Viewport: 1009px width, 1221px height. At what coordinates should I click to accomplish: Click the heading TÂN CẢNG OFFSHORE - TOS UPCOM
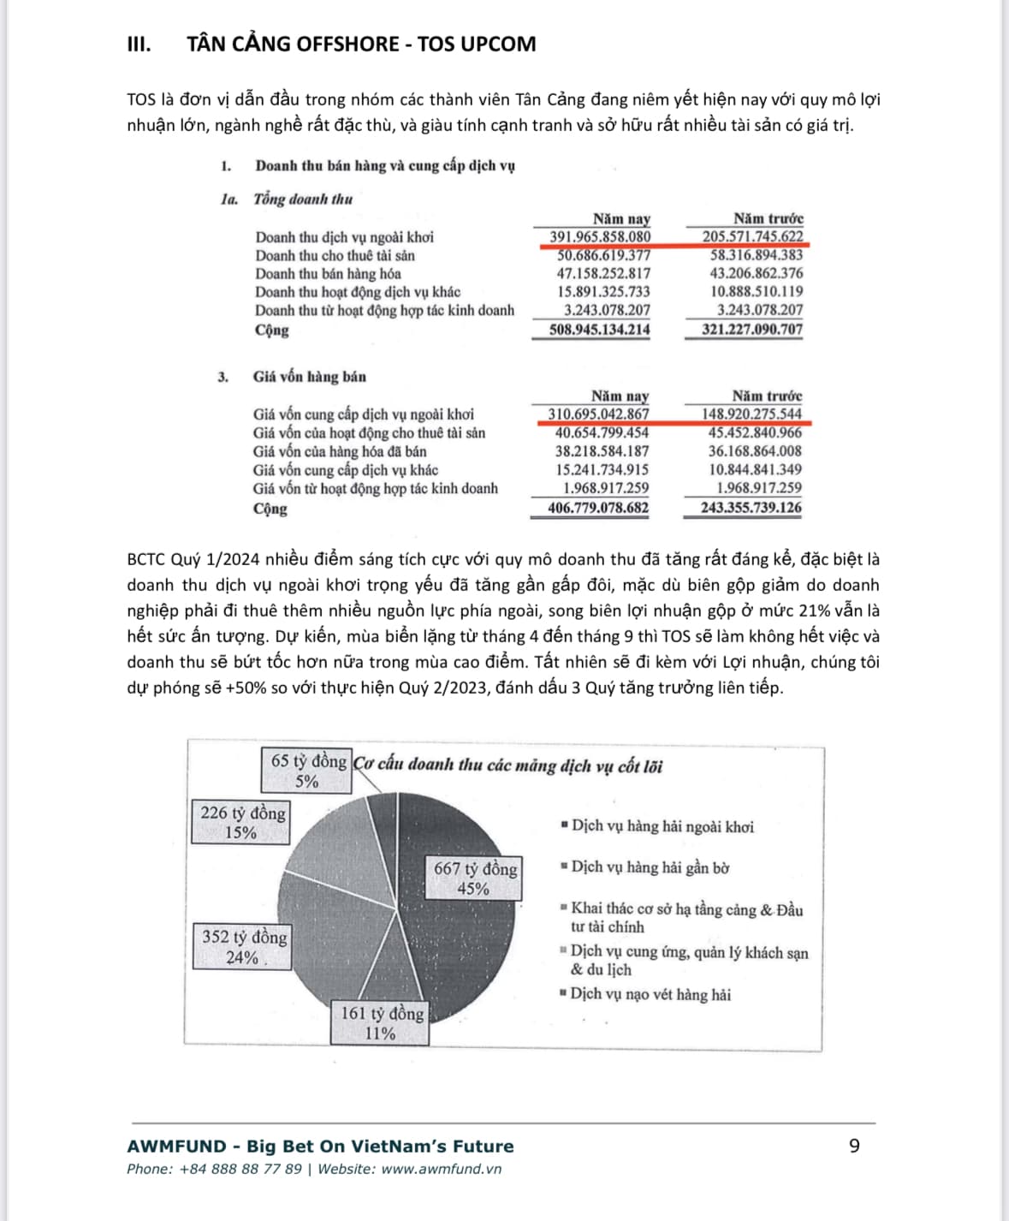[361, 45]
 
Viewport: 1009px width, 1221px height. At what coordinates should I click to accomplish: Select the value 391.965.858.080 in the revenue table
[600, 237]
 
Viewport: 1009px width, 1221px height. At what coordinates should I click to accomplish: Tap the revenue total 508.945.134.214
[599, 330]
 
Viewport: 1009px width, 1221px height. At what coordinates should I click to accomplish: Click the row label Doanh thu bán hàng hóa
[328, 274]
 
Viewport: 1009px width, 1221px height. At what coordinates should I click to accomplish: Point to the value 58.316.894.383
[757, 255]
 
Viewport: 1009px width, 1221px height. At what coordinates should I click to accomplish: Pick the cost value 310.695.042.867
[598, 414]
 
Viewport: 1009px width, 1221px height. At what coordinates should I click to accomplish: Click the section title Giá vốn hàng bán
[309, 377]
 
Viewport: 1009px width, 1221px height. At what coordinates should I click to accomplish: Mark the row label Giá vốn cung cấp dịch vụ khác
[345, 470]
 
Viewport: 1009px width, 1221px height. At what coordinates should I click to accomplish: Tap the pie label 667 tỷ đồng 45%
[475, 878]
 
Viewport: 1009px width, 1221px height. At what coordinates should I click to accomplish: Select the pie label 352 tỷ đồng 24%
[244, 946]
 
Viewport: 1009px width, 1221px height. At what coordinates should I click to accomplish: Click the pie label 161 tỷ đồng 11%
[382, 1022]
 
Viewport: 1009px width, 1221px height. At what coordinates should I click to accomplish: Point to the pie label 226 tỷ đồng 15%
[242, 822]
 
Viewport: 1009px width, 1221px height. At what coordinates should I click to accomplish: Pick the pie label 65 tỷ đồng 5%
[308, 770]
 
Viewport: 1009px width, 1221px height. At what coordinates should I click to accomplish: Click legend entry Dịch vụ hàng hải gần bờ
[650, 867]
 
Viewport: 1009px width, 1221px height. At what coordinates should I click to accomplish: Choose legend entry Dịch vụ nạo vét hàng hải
[650, 994]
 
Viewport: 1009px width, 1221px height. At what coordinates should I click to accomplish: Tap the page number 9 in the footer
[854, 1146]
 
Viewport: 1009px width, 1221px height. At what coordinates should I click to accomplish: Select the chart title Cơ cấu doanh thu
[508, 765]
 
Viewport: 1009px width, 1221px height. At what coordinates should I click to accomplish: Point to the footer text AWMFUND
[177, 1147]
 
